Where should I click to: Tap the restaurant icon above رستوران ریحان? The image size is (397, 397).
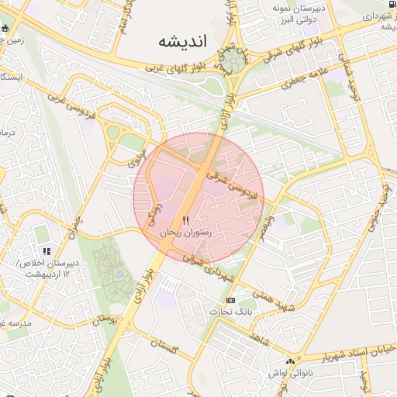pyautogui.click(x=185, y=221)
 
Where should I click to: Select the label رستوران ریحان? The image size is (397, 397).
pyautogui.click(x=185, y=233)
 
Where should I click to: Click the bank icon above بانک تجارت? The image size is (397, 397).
pyautogui.click(x=230, y=300)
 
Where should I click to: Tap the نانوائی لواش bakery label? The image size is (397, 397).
pyautogui.click(x=291, y=373)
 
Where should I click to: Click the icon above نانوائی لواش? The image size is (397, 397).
pyautogui.click(x=291, y=361)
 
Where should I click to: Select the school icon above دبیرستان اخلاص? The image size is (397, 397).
pyautogui.click(x=47, y=251)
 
